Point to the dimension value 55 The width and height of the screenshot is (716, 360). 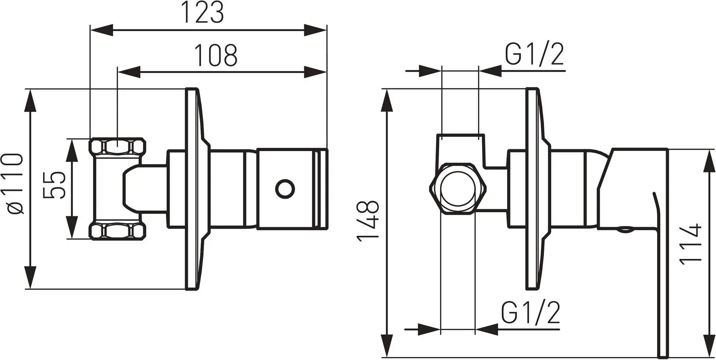(54, 185)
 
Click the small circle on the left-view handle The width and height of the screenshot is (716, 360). (285, 188)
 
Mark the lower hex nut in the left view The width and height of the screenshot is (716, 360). (117, 231)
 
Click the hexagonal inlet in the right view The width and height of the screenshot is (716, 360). (458, 189)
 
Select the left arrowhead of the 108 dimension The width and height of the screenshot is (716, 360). (129, 72)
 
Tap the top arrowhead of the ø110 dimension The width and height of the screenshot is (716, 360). (30, 100)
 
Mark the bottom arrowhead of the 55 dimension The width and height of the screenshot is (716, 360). (72, 227)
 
